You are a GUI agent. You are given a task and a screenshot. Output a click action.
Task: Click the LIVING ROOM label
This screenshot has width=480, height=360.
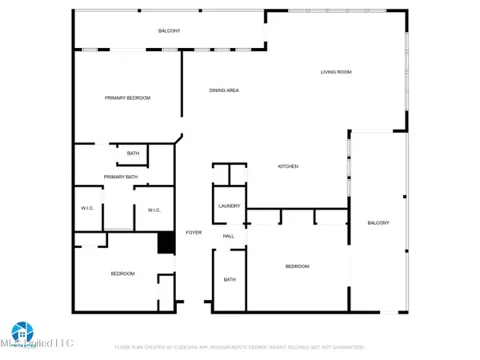tap(336, 72)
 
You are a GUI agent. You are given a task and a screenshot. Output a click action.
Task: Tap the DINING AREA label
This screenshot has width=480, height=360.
tap(224, 90)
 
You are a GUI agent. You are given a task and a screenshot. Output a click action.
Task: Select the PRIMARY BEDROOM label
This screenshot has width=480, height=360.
tap(127, 98)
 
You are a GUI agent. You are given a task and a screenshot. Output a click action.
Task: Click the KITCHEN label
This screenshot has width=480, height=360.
tap(288, 166)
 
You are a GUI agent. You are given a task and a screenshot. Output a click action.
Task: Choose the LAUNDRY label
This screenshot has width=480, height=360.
tap(230, 206)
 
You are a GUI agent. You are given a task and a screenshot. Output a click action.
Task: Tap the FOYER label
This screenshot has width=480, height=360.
tap(194, 233)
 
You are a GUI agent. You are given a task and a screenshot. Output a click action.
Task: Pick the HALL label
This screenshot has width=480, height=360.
tap(229, 236)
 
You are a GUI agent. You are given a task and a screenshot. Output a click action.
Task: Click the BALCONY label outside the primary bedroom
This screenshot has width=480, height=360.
tap(169, 31)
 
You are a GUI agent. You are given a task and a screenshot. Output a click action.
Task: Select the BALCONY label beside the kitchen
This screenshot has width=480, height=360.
tap(378, 222)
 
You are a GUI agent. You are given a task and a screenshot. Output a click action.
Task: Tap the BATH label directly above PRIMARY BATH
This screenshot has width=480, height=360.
tap(133, 153)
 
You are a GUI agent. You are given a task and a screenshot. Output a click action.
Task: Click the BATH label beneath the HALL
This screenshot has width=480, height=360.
tap(230, 279)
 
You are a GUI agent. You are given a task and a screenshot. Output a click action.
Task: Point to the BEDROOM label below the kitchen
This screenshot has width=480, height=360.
tap(297, 266)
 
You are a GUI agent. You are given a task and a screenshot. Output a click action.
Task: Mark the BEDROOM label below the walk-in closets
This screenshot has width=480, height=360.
tap(122, 274)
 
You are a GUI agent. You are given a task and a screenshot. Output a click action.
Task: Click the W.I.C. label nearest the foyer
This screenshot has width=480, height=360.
tap(154, 210)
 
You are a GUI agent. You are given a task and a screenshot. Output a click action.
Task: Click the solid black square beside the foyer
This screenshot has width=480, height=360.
tap(166, 242)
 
